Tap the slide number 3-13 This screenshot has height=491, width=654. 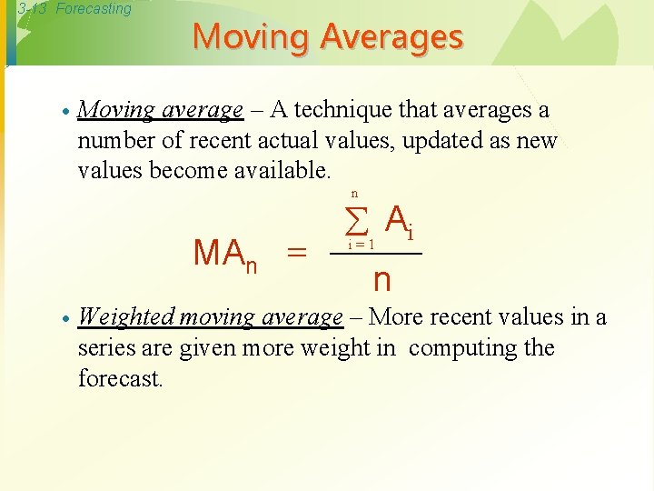tap(34, 9)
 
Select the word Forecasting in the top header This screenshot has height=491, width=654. tap(94, 9)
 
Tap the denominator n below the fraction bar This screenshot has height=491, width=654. tap(381, 279)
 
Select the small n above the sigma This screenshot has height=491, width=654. tap(354, 194)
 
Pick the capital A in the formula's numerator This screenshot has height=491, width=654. tap(395, 219)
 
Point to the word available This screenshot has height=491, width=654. tap(283, 170)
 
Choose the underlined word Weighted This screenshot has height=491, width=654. tap(127, 317)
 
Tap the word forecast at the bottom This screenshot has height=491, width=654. tap(119, 377)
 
